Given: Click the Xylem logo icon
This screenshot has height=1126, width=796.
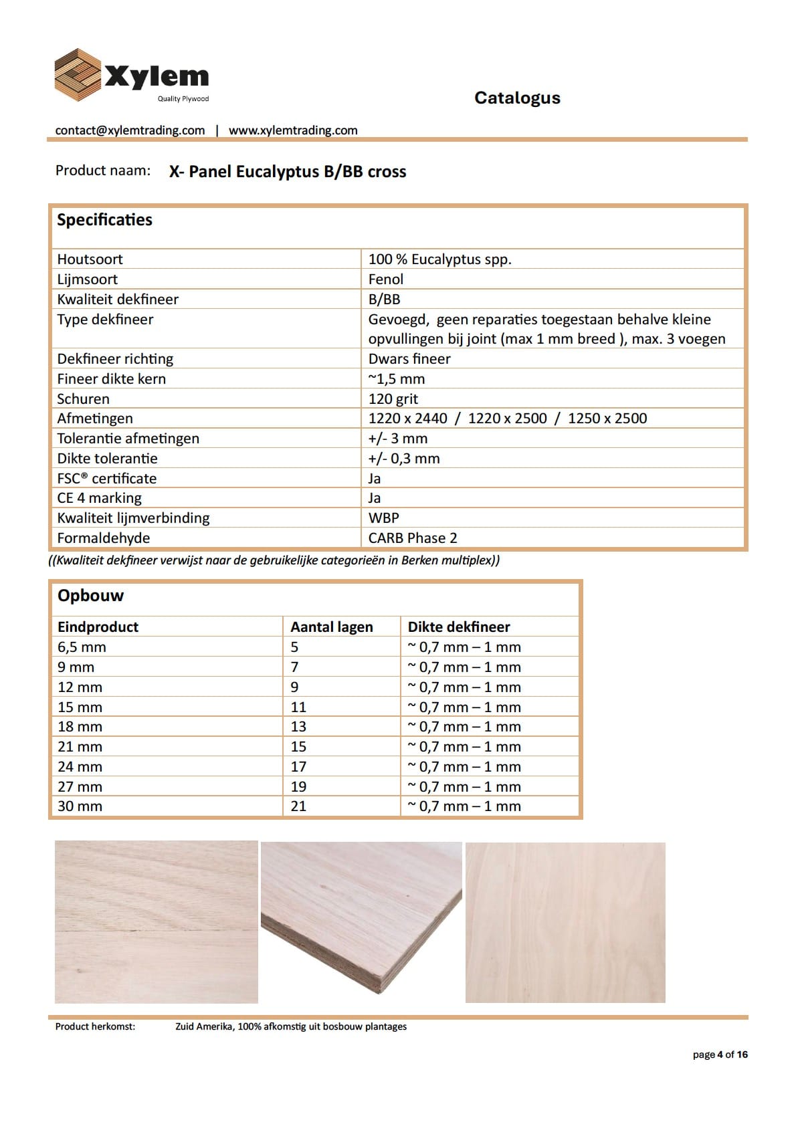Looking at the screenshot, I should coord(78,75).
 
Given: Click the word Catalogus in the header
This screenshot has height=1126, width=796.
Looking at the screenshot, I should coord(517,98).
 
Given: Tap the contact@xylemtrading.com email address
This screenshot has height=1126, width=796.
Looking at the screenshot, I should coord(130,130).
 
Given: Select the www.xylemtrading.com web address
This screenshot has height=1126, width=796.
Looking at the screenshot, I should coord(293,130).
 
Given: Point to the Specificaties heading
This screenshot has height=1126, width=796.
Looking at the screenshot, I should coord(104,220).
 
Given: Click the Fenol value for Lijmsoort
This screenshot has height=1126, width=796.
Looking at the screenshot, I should coord(386,279).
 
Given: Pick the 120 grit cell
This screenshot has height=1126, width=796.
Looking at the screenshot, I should coord(393,399).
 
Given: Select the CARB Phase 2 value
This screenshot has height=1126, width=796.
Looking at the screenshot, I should coord(413,538).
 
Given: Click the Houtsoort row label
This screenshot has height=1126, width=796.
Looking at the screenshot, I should coord(90,259).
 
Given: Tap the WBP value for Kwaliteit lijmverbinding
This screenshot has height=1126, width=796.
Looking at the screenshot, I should coord(383,518).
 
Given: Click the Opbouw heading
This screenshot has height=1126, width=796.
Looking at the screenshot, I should coord(90,596).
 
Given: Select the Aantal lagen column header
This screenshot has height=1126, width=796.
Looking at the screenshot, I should coord(331,627).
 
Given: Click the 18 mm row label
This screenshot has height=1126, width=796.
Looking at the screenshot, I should coord(80,727).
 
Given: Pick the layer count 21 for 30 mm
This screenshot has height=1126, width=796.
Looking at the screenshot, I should coord(298,806).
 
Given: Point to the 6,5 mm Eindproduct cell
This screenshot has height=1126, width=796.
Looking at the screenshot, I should coord(82,647).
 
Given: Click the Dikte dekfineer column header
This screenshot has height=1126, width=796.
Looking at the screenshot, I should coord(459,627).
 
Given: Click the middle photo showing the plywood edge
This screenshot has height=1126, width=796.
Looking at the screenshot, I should coord(361,921).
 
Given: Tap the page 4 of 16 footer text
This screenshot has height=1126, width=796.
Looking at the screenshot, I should coord(720,1054).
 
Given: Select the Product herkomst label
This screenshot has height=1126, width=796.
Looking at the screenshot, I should coord(95,1026).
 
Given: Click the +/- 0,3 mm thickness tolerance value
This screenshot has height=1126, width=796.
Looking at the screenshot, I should coord(404,459).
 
